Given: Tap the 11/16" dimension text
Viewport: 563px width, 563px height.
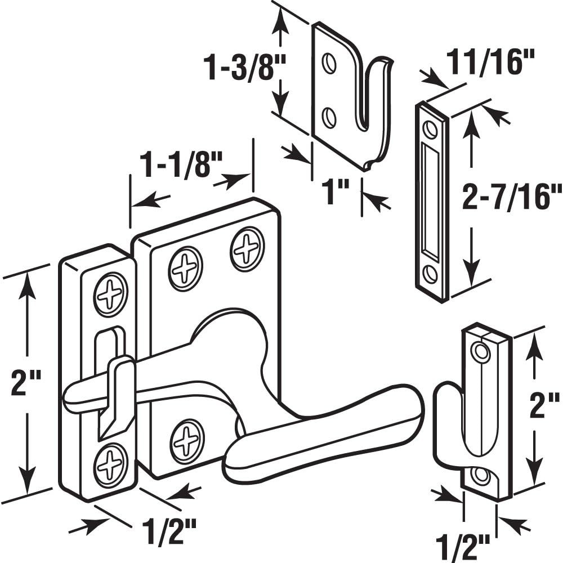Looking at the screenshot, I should point(489,63).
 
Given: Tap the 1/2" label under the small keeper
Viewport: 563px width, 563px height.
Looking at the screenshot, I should point(463,546).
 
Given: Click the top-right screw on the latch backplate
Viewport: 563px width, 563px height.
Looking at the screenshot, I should point(247,248).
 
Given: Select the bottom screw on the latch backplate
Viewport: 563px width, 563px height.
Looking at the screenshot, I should point(187,441).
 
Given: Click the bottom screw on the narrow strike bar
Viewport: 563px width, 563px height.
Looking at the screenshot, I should point(110,465).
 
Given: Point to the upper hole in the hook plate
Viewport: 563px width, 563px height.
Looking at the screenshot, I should point(329,64).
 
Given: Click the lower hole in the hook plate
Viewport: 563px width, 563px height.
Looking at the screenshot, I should point(329,117).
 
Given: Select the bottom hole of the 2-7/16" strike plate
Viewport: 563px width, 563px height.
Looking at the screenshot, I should point(431,274).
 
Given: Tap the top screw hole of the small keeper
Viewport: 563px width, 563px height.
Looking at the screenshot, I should point(481,353).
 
